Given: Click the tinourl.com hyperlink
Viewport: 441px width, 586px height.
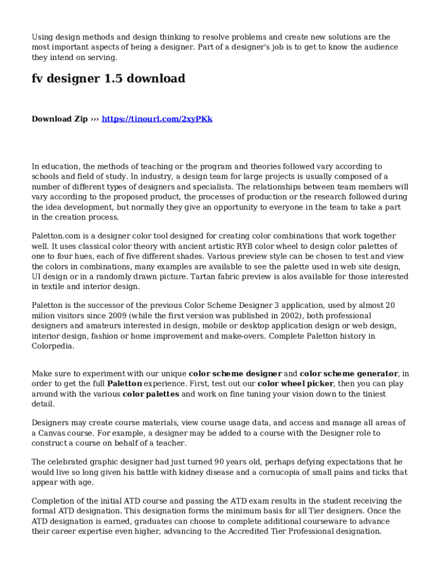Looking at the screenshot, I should point(157,119).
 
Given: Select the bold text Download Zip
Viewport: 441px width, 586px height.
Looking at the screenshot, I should point(60,119).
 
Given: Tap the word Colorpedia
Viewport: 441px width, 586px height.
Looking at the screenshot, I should point(52,346).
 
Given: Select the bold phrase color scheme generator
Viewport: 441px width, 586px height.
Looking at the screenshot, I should point(349,374).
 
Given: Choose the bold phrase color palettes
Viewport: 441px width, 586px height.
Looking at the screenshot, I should point(151,394).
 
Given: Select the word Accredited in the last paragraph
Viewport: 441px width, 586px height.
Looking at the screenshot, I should point(259,531).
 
